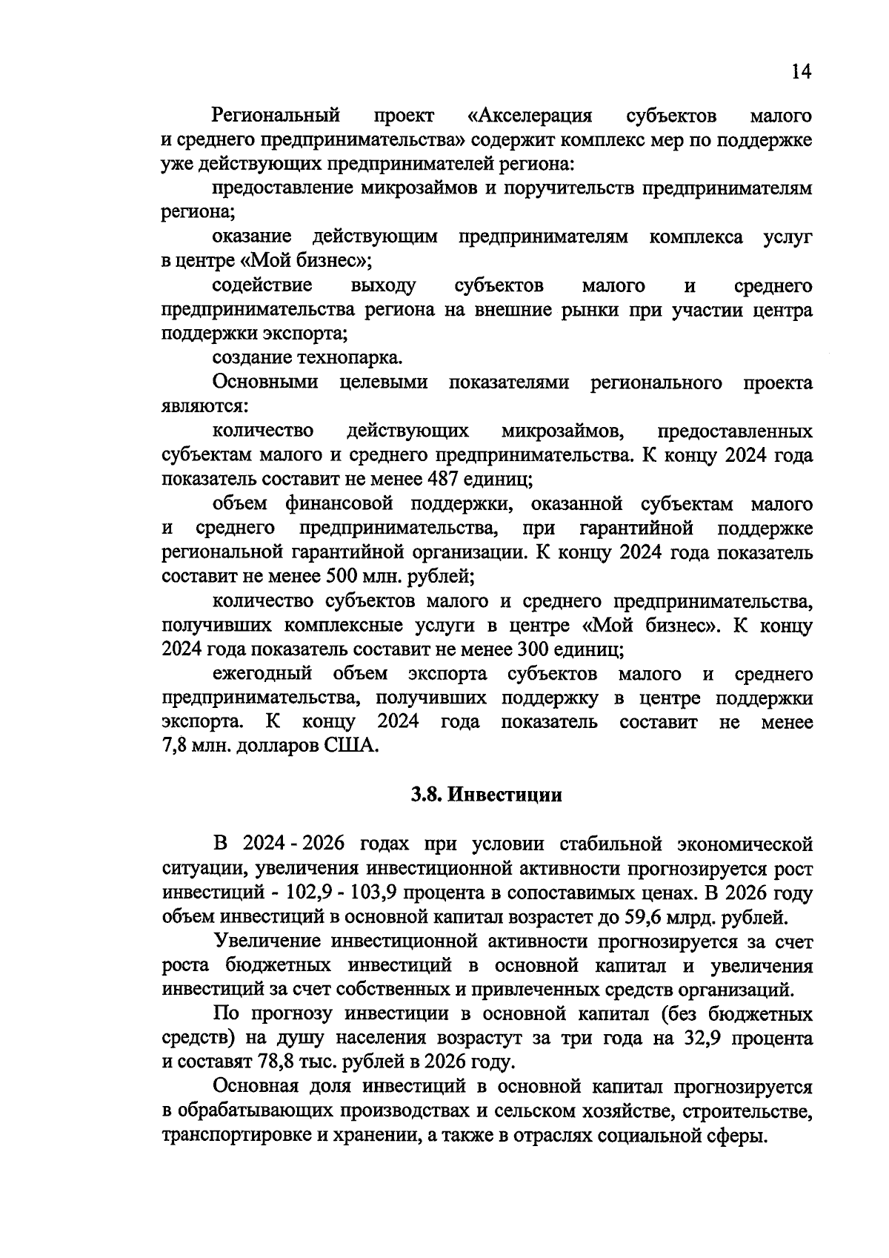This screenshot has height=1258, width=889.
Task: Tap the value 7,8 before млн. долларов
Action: [175, 746]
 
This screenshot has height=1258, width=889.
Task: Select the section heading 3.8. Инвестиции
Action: [487, 795]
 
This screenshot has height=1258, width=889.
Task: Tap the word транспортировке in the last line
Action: [236, 1135]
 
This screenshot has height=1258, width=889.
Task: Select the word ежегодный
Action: [263, 674]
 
